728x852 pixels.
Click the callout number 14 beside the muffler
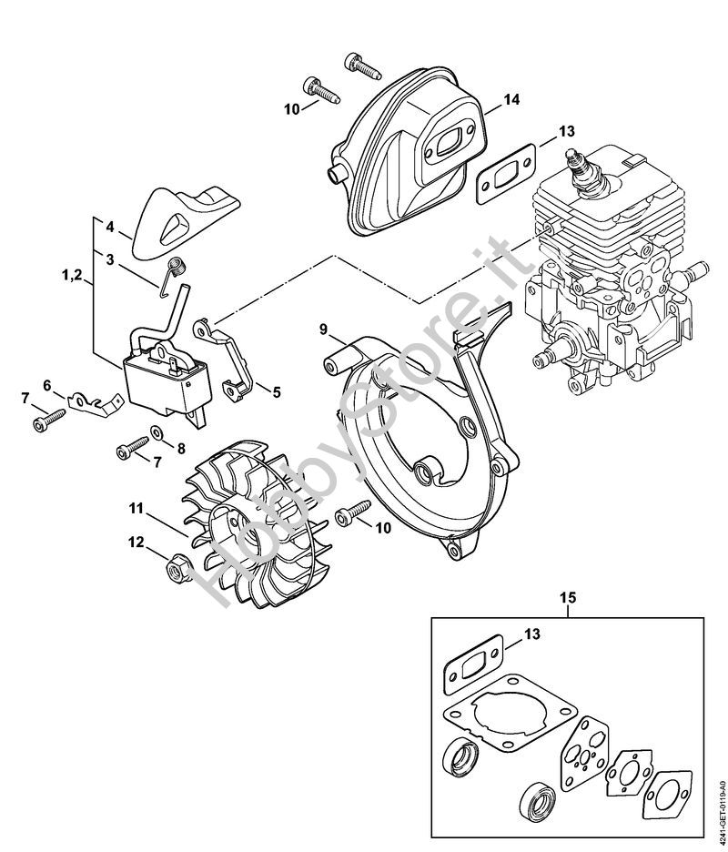pos(511,99)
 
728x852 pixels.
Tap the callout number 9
pos(322,328)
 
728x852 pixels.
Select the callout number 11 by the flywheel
pos(136,507)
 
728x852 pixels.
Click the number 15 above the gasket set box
pos(567,599)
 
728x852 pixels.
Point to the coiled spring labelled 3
pos(177,269)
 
